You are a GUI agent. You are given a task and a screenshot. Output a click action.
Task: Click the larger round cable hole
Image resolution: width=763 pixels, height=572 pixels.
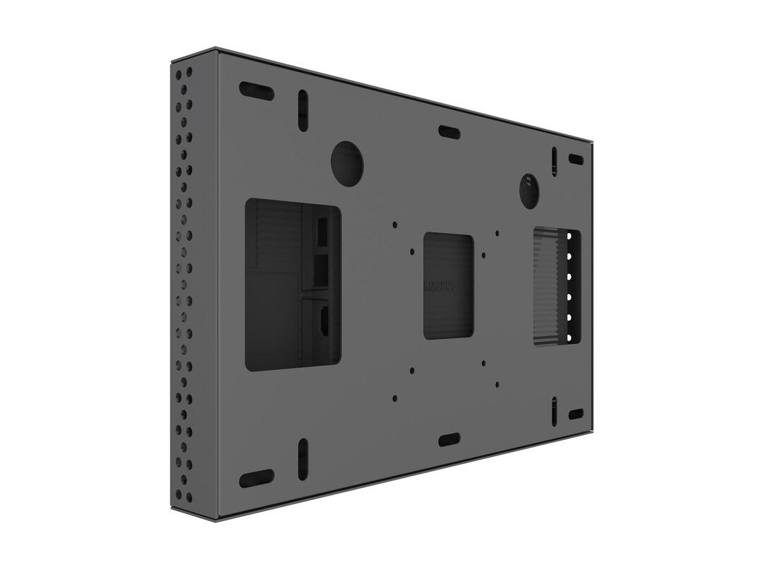pyautogui.click(x=347, y=163)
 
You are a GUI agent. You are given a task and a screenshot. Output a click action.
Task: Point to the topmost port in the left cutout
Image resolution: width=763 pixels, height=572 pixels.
pyautogui.click(x=321, y=228)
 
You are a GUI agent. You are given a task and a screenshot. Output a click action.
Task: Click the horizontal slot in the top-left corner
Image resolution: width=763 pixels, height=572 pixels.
pyautogui.click(x=256, y=90)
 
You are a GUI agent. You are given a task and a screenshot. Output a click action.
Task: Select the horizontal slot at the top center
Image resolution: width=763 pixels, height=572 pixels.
pyautogui.click(x=449, y=132)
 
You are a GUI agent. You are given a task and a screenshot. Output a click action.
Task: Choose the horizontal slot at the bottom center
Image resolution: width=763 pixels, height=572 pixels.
pyautogui.click(x=449, y=440)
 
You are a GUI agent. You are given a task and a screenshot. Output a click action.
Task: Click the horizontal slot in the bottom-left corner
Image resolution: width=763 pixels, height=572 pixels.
pyautogui.click(x=256, y=479)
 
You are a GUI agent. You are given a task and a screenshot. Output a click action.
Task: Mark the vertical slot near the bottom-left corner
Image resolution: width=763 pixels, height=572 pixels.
pyautogui.click(x=302, y=458)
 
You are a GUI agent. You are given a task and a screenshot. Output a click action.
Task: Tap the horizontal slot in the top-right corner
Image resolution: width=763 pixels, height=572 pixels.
pyautogui.click(x=576, y=160)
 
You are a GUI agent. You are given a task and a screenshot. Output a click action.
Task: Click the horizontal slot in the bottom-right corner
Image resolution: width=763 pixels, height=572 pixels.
pyautogui.click(x=576, y=414)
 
